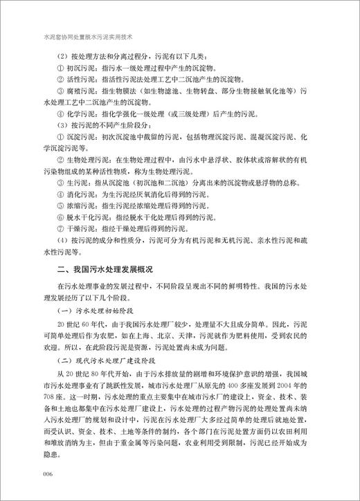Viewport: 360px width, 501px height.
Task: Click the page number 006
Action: click(48, 473)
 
